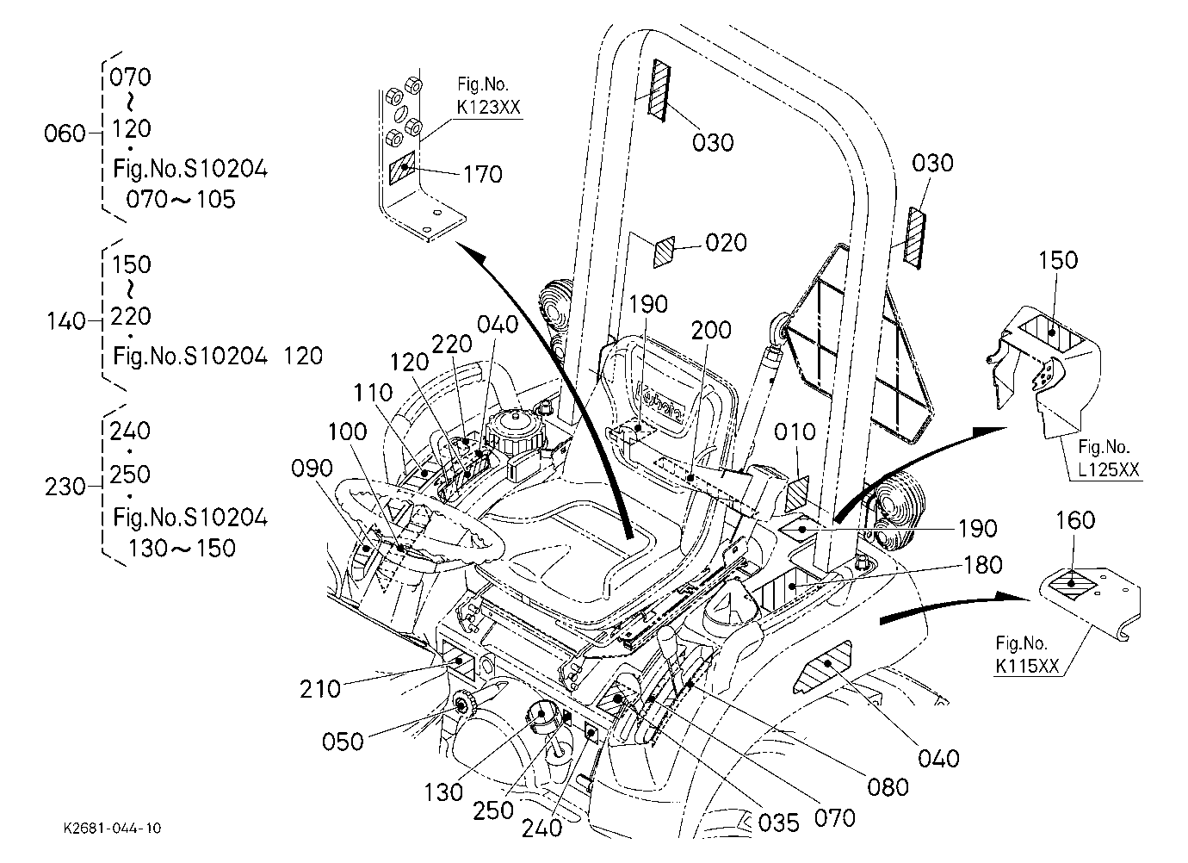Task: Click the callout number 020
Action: (x=726, y=243)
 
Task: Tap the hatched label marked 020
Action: (x=664, y=252)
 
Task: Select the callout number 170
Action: (x=483, y=174)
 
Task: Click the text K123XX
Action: (x=489, y=107)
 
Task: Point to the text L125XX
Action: (x=1109, y=469)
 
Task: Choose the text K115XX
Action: (x=1027, y=666)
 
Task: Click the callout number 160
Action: (x=1075, y=520)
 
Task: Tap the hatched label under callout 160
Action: (x=1072, y=584)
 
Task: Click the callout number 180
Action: (x=983, y=565)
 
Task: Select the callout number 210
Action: (x=319, y=689)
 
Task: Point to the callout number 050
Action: (x=343, y=742)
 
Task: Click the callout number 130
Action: (x=443, y=793)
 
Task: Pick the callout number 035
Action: (x=778, y=823)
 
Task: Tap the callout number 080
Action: (x=888, y=787)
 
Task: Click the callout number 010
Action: (x=795, y=432)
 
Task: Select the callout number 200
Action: (x=711, y=330)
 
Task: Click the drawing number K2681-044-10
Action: (x=112, y=828)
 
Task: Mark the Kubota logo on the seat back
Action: (x=659, y=403)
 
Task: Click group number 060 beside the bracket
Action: (x=65, y=133)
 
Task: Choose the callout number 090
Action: (x=312, y=469)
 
